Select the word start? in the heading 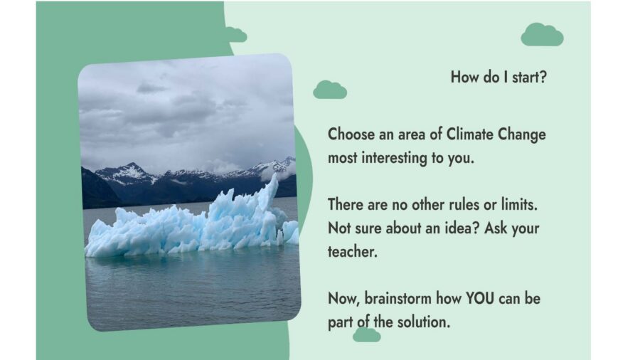529,77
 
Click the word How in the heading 463,77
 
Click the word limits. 519,205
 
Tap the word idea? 462,228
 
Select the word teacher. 353,252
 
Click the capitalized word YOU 479,298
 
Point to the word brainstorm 398,298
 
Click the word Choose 351,134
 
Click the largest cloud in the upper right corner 542,35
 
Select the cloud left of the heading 330,90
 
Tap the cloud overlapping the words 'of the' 366,334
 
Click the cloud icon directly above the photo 236,35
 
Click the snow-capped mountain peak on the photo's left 132,165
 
